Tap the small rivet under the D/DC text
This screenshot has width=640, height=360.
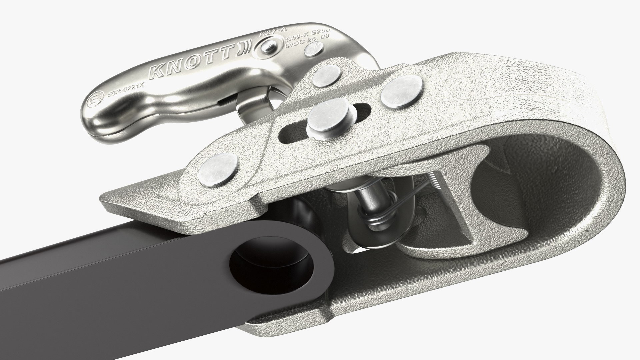point(314,50)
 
